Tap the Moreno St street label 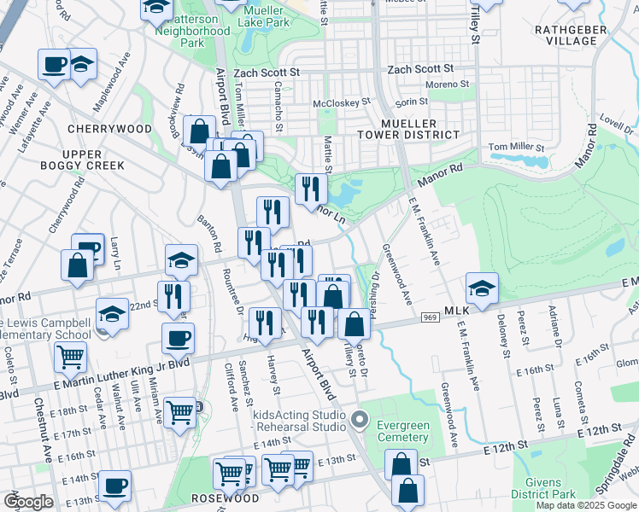click(x=448, y=84)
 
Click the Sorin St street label click(x=411, y=102)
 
